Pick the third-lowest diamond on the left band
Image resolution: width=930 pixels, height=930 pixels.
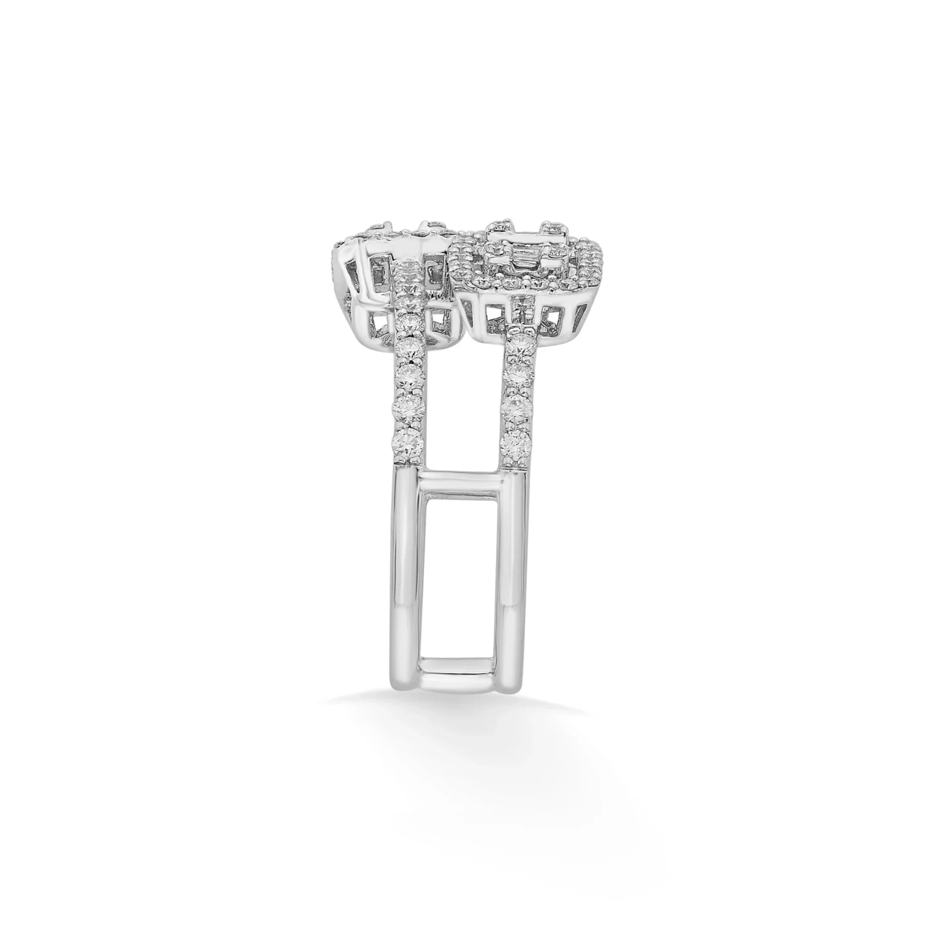coord(410,379)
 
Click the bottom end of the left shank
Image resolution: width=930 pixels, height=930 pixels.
coord(407,693)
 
